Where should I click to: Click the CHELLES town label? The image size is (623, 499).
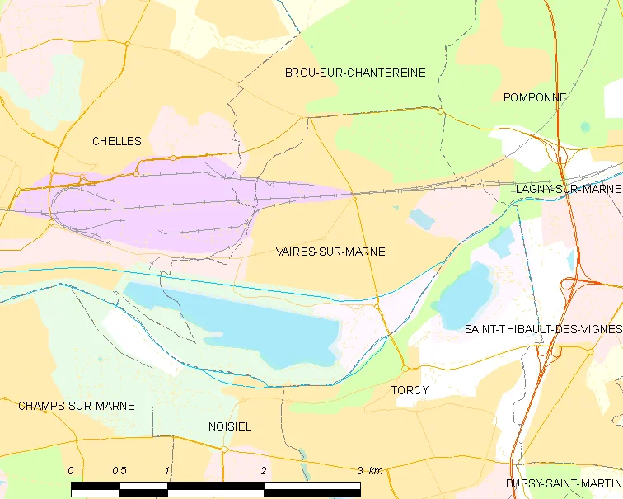coord(116,141)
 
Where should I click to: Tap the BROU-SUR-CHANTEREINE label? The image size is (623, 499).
coord(355,73)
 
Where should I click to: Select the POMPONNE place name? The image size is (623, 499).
coord(535,97)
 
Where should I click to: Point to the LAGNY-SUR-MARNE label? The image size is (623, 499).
coord(568,189)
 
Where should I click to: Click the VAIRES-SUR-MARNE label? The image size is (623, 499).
coord(330,252)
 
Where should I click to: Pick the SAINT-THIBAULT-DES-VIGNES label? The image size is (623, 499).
coord(542,329)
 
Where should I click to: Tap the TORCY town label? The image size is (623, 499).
coord(410,390)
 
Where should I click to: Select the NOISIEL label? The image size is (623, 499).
coord(230,426)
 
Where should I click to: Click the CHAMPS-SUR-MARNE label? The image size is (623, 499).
coord(76,406)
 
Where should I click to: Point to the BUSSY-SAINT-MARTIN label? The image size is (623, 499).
coord(564,483)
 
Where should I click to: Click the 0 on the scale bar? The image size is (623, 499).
coord(71,470)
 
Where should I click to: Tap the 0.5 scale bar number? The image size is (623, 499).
coord(119,470)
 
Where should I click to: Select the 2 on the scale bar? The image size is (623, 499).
coord(264,470)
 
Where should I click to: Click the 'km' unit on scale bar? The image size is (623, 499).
coord(376,470)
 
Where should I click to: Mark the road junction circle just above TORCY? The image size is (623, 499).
coord(405,369)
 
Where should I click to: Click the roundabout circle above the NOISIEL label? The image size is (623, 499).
coord(224,450)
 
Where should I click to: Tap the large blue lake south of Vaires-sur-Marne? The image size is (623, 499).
coord(247,326)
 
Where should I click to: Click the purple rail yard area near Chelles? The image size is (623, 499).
coord(148,210)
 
